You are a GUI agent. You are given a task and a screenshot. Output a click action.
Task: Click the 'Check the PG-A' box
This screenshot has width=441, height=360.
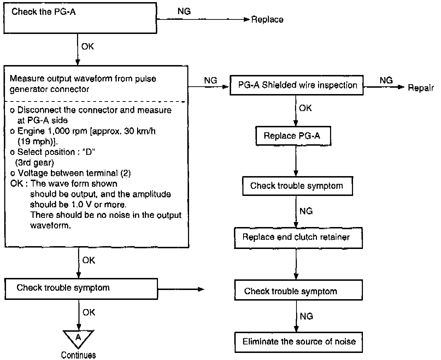tap(80, 18)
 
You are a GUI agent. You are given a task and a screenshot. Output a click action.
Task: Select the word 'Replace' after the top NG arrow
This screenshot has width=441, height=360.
tap(267, 20)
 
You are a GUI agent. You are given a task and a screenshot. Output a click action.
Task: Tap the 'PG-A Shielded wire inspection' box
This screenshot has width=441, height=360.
tap(296, 85)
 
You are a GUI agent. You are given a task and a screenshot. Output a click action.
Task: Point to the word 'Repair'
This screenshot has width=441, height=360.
tap(421, 88)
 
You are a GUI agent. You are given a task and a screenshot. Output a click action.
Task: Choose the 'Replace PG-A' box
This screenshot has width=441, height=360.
tap(292, 136)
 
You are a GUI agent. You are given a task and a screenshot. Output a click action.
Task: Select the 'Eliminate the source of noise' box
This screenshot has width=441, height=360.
tap(299, 342)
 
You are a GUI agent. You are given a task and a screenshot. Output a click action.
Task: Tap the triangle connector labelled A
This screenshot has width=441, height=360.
tap(78, 338)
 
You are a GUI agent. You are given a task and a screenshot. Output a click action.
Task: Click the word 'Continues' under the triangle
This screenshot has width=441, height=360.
tap(78, 355)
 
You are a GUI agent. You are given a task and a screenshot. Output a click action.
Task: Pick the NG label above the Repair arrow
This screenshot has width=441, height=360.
tap(386, 80)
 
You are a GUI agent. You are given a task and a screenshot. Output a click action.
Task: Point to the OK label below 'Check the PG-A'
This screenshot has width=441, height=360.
tap(88, 46)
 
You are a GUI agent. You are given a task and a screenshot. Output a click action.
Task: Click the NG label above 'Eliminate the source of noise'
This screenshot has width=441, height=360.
tap(306, 316)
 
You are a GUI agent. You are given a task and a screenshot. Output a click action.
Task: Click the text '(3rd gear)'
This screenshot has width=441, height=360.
tap(34, 163)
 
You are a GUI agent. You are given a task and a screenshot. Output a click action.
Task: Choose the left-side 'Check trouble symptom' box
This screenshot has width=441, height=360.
tap(81, 289)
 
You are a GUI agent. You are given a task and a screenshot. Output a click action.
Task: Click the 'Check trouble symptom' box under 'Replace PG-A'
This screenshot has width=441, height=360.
tap(297, 186)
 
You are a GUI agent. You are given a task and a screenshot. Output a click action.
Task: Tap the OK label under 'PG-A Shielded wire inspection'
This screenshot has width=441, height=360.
tap(305, 108)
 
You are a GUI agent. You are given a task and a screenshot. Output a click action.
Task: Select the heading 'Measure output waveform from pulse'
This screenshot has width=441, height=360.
tap(83, 79)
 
